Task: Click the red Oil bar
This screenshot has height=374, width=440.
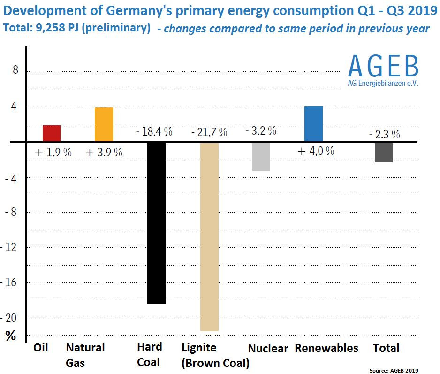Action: pos(52,133)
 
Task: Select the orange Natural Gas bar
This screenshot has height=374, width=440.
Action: pos(104,124)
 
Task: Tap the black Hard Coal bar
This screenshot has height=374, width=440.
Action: pos(156,223)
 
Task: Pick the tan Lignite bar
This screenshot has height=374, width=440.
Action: pos(209,237)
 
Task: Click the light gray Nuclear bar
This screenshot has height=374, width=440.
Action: pos(261,157)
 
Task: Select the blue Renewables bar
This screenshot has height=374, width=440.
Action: pos(313,124)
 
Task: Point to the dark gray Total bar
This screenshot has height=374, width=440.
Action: pos(384,152)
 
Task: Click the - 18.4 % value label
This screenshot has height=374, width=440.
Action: pos(154,131)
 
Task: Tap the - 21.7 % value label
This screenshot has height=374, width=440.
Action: pos(209,132)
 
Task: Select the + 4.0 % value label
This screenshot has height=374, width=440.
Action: pos(315,151)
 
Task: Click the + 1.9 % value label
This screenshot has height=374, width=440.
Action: pos(53,153)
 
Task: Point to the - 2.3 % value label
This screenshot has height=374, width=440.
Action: pos(385,135)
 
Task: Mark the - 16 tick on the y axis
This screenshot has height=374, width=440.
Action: pos(12,282)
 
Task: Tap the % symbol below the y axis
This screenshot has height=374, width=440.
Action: pos(10,336)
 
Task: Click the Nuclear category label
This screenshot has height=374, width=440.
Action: pos(268,349)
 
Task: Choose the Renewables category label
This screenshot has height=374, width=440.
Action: pos(326,348)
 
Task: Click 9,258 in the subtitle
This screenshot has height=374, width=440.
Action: pos(47,28)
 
